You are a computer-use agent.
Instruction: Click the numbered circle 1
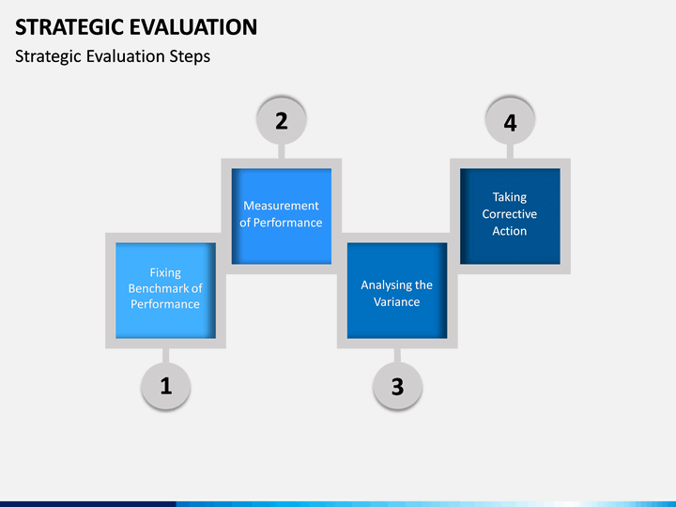click(x=165, y=385)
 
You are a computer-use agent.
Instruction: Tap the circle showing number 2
click(x=282, y=120)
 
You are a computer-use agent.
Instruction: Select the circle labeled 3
click(x=397, y=385)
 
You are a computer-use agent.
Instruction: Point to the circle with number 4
click(x=511, y=120)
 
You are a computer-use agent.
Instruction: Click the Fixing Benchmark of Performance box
click(x=165, y=290)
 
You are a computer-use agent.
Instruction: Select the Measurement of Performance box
click(x=282, y=216)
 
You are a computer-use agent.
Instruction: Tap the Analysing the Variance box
click(x=397, y=290)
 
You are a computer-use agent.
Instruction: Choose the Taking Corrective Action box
click(x=511, y=216)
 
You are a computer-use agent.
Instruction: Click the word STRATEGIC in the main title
click(x=69, y=27)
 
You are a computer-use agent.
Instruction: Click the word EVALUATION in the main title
click(x=193, y=27)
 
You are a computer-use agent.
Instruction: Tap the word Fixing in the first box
click(x=165, y=273)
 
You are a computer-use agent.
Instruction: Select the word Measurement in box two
click(x=281, y=206)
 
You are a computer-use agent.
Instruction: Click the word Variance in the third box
click(x=396, y=301)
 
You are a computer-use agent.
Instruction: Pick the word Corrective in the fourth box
click(x=510, y=214)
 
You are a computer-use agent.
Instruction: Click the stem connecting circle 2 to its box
click(x=282, y=151)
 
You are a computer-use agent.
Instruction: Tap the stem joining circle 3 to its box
click(x=397, y=355)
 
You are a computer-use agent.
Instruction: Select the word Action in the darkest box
click(x=510, y=231)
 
